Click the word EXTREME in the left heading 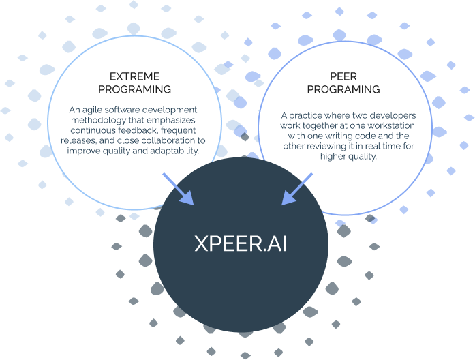[x=134, y=76]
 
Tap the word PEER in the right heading [x=343, y=76]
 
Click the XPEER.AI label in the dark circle [x=241, y=243]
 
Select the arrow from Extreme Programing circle [x=178, y=189]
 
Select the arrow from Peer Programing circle [x=297, y=189]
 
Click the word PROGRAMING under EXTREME [x=134, y=89]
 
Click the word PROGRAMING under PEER [x=343, y=89]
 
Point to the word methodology [x=98, y=120]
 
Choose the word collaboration [x=168, y=140]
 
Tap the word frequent [x=178, y=131]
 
